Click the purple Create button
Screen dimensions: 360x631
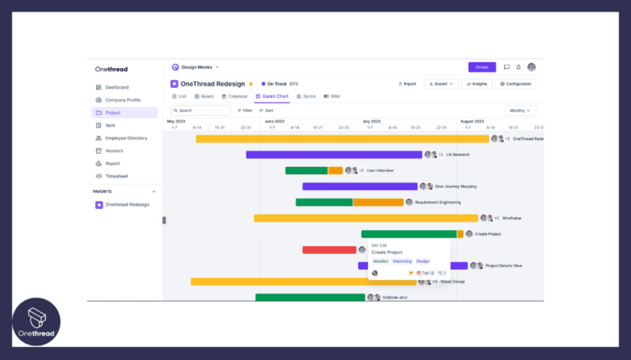pos(481,67)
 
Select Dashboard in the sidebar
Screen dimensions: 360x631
pos(116,87)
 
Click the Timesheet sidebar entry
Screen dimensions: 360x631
pos(116,176)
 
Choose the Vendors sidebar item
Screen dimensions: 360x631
pos(113,150)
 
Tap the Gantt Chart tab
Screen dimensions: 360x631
pos(272,96)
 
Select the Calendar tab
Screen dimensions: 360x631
pos(235,96)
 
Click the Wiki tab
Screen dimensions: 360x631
pos(332,96)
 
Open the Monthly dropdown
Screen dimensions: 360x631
pos(519,110)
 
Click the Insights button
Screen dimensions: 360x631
pos(476,84)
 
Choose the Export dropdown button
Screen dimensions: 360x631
pos(440,84)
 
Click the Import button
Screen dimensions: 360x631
pos(407,84)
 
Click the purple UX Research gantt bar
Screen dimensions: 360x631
pos(334,155)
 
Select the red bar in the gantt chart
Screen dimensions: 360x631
pos(329,250)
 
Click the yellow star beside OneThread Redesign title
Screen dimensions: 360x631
pos(251,84)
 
